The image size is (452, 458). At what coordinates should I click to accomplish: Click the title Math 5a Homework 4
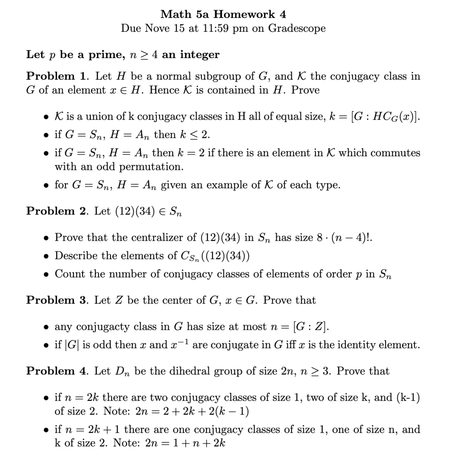[x=223, y=14]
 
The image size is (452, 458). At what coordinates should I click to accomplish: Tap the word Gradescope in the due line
[x=297, y=28]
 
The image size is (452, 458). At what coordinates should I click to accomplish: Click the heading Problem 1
[x=58, y=76]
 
